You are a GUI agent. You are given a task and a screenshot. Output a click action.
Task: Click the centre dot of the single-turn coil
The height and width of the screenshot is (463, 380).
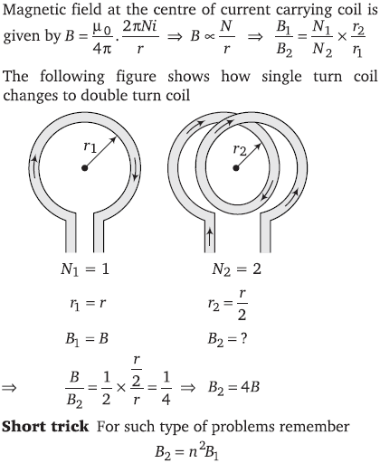tap(85, 168)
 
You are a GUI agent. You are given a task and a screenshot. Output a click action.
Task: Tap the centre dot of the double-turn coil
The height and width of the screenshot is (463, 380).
tap(236, 168)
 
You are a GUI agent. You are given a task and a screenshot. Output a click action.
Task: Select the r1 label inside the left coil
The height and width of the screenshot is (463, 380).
tap(90, 147)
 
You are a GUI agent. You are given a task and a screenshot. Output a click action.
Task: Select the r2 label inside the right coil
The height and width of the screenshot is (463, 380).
tap(240, 150)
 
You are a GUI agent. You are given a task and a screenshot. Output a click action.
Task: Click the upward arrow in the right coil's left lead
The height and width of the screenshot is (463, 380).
tap(210, 237)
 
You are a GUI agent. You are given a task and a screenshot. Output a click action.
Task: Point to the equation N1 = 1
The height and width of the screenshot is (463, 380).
tap(85, 269)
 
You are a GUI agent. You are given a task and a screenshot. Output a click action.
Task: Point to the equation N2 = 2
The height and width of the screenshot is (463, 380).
tap(236, 269)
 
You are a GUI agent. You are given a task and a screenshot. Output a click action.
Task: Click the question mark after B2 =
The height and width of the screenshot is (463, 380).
tap(243, 339)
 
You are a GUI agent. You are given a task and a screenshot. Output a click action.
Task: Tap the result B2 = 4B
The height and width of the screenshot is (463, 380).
tap(233, 387)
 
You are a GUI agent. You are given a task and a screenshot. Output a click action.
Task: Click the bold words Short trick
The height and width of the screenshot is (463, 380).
tap(45, 427)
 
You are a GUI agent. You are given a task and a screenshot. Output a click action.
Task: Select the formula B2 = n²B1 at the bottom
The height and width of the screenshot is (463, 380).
tap(187, 451)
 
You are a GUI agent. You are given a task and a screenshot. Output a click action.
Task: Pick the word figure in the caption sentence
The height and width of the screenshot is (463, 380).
tap(137, 77)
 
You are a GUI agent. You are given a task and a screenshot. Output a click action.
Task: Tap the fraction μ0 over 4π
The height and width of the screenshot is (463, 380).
tap(102, 38)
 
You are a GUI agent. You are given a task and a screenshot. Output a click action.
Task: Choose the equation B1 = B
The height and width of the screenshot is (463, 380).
tap(87, 339)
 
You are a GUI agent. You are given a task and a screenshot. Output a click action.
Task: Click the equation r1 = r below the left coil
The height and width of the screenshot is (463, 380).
tap(88, 303)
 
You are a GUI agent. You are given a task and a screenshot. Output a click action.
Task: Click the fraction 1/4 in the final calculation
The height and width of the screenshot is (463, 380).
tap(166, 388)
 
